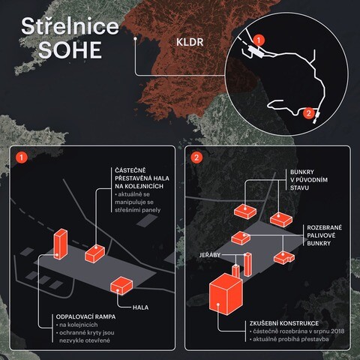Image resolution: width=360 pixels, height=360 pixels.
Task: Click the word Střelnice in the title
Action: [x=70, y=26]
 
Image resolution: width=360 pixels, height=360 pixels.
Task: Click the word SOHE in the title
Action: [x=70, y=50]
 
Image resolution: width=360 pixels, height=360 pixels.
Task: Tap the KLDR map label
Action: [x=190, y=42]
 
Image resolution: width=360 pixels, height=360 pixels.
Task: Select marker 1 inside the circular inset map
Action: [x=259, y=40]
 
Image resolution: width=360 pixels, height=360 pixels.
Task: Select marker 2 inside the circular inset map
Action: [x=309, y=113]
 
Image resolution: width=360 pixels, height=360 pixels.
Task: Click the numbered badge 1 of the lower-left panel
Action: [x=21, y=157]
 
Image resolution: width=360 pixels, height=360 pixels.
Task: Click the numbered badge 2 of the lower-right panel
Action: [x=196, y=157]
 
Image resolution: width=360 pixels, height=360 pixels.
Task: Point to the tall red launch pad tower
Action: [x=61, y=244]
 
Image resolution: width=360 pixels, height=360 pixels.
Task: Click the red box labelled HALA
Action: [x=121, y=286]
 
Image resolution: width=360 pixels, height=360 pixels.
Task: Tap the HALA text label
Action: [x=140, y=307]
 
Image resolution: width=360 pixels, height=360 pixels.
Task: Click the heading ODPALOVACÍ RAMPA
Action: [x=85, y=316]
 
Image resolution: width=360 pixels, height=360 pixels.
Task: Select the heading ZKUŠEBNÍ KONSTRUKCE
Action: [x=284, y=323]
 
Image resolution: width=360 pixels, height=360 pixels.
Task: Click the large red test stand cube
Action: [x=226, y=294]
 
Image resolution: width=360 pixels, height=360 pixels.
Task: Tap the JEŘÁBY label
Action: [x=210, y=255]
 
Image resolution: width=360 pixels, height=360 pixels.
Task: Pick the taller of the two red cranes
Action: [x=247, y=265]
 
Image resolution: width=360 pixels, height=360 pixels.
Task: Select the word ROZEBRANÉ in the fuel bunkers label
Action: [x=324, y=227]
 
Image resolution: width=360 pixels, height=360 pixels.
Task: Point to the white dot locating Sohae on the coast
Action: [x=135, y=39]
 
